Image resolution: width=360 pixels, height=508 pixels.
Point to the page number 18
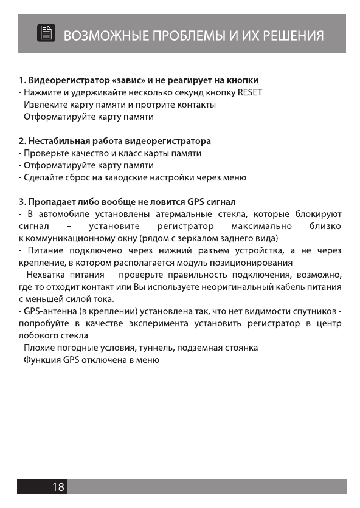point(58,487)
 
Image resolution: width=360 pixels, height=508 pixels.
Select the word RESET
point(249,92)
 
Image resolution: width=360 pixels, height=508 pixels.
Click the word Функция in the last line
point(40,360)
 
